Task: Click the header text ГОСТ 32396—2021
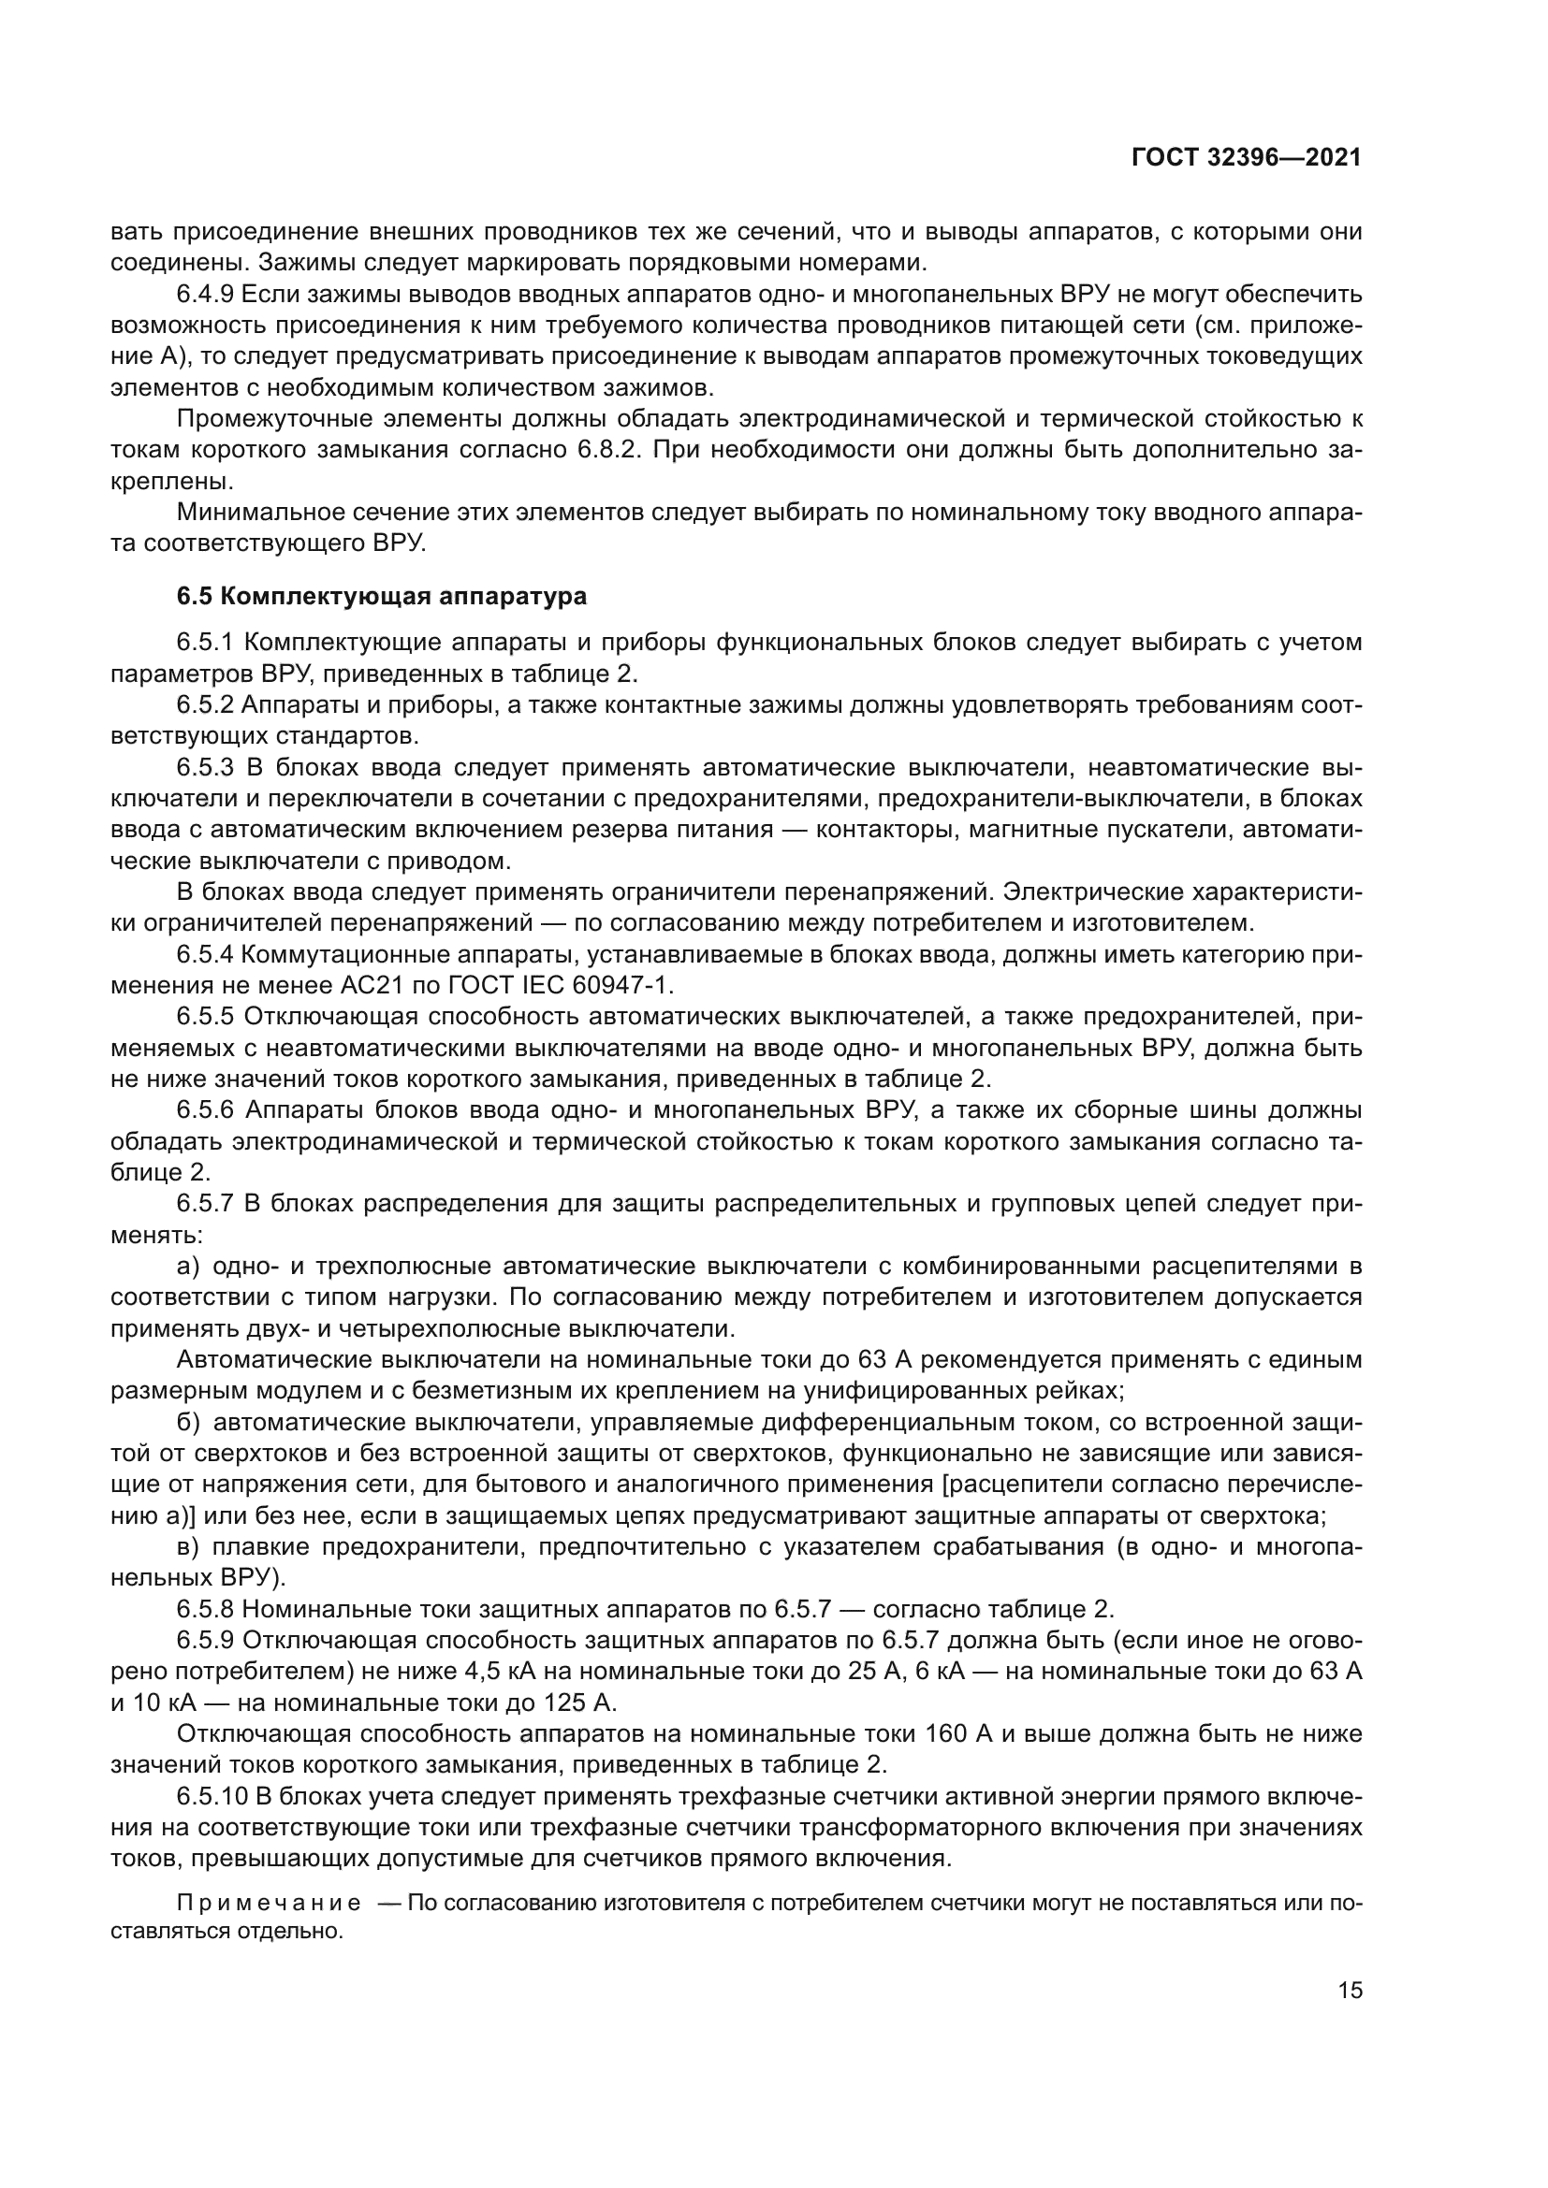coord(1246,158)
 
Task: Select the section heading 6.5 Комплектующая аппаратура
coord(381,597)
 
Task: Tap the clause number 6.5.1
coord(206,643)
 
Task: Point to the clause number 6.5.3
coord(206,767)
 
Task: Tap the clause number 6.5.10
coord(212,1796)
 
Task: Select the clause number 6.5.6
coord(206,1110)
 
